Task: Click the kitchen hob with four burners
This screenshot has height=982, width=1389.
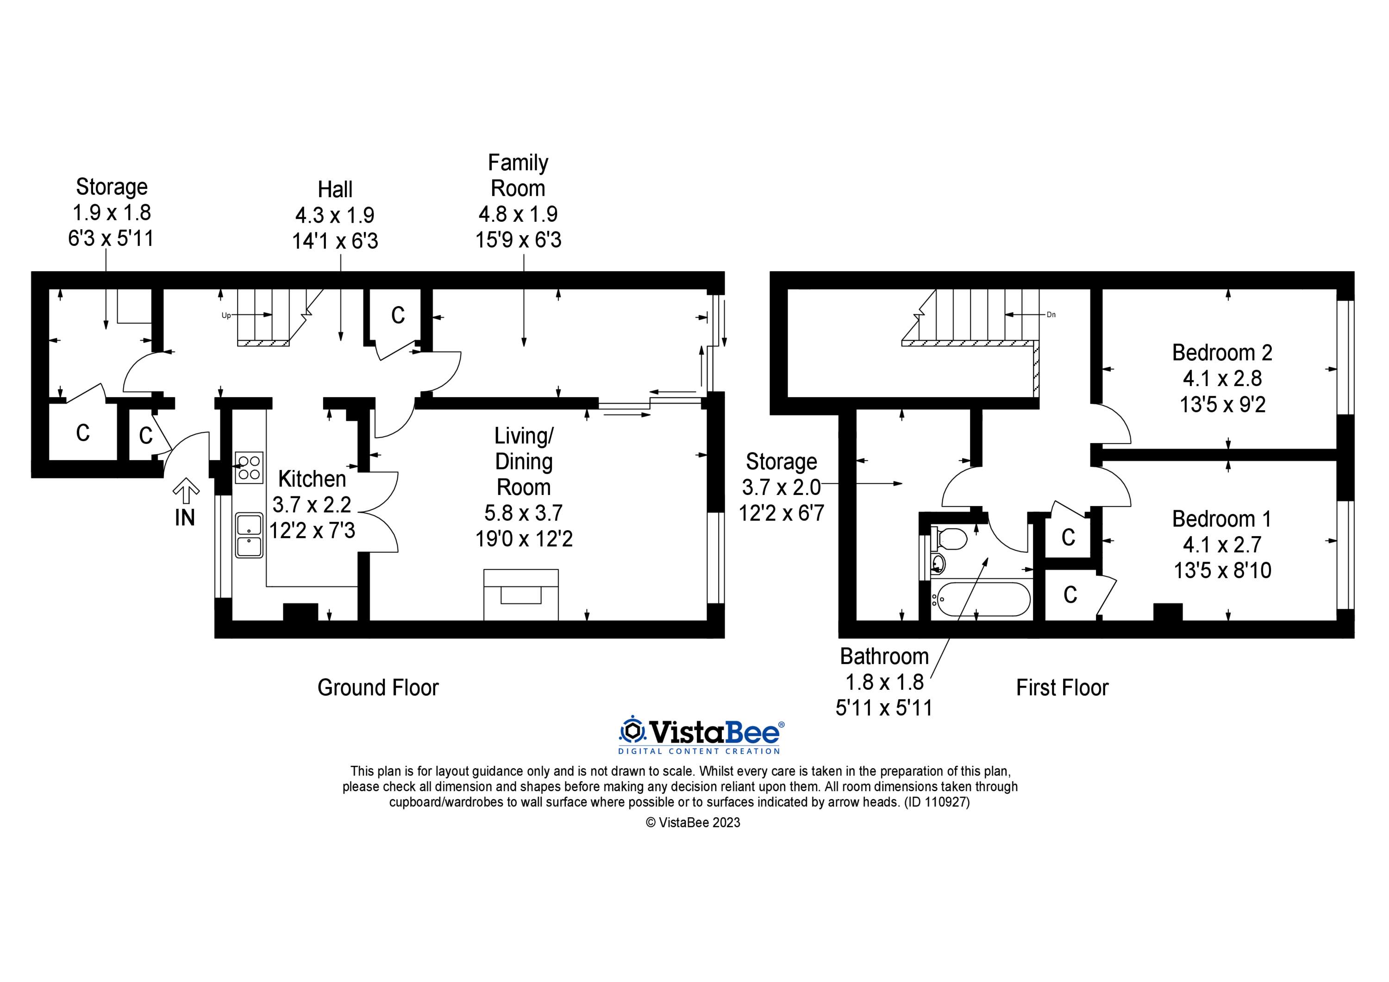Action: pyautogui.click(x=249, y=468)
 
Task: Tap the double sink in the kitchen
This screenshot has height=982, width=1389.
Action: pyautogui.click(x=249, y=535)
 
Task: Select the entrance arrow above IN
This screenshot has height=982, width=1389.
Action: pyautogui.click(x=186, y=491)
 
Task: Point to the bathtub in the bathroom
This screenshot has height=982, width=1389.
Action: pyautogui.click(x=980, y=599)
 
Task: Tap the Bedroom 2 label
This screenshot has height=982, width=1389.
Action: pyautogui.click(x=1221, y=352)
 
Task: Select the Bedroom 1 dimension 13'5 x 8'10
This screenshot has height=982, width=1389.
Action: pyautogui.click(x=1222, y=570)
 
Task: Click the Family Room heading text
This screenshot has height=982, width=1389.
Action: pyautogui.click(x=518, y=175)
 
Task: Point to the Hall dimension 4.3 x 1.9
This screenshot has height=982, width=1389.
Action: pyautogui.click(x=335, y=215)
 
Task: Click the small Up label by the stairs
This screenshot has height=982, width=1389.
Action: pyautogui.click(x=225, y=315)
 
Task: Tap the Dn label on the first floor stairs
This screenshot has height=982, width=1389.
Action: pyautogui.click(x=1051, y=315)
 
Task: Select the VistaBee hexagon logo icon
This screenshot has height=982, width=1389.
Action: pyautogui.click(x=632, y=732)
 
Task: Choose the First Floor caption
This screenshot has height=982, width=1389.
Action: pyautogui.click(x=1062, y=688)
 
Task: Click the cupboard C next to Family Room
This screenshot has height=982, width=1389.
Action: pyautogui.click(x=397, y=315)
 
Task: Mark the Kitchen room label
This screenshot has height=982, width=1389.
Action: pyautogui.click(x=312, y=479)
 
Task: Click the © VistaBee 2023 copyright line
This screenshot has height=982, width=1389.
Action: pyautogui.click(x=693, y=822)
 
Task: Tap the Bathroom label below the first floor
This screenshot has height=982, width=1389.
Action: pyautogui.click(x=884, y=657)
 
